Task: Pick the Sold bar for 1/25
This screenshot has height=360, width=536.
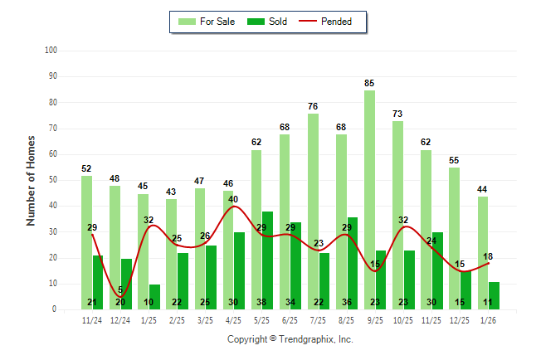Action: click(x=154, y=296)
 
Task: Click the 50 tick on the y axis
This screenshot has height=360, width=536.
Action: click(x=51, y=180)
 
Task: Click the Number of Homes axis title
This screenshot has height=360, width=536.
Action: click(x=32, y=180)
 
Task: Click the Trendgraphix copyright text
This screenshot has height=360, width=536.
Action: click(x=290, y=339)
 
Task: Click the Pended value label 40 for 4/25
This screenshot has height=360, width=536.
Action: click(x=233, y=199)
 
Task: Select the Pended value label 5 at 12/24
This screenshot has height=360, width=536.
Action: click(x=120, y=290)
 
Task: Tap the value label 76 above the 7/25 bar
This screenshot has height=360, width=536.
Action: click(x=313, y=106)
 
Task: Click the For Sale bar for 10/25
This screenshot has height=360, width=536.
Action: click(x=397, y=215)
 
